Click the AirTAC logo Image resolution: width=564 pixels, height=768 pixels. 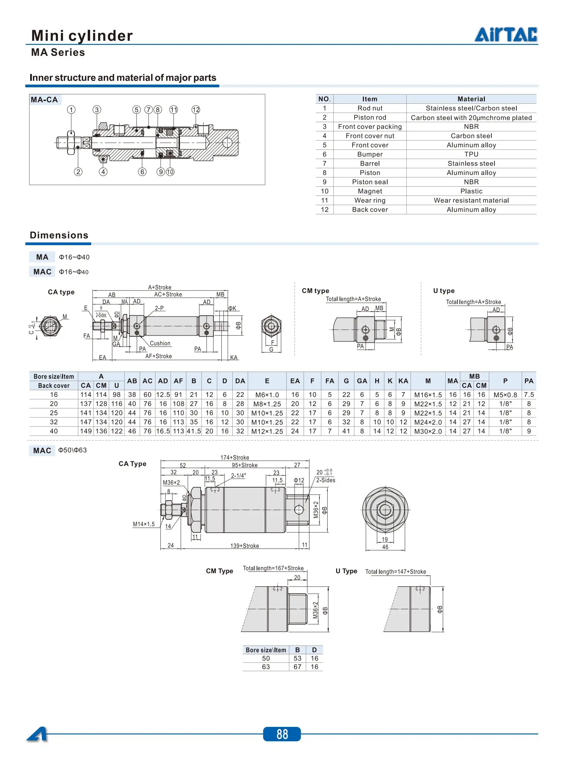pos(506,34)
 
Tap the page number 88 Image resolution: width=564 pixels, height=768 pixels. pos(282,734)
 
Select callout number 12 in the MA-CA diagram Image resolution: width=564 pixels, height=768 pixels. pos(196,110)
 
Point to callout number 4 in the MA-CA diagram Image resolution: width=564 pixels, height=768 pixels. pos(103,172)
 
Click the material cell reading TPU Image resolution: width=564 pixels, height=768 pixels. pos(471,154)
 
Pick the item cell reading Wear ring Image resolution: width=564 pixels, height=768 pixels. pos(370,200)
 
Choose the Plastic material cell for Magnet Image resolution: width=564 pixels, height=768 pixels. pos(471,191)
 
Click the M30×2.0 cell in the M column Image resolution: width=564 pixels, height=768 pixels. pos(428,431)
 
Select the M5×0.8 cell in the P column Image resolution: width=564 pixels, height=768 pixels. pos(505,395)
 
